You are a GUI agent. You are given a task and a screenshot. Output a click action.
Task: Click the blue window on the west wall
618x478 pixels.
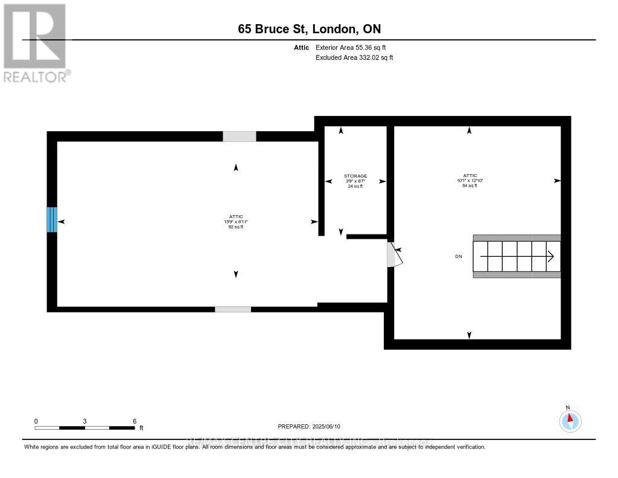click(52, 220)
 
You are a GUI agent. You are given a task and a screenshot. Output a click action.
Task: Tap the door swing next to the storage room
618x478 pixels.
click(392, 254)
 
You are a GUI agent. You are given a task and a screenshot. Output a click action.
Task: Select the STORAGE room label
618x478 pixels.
click(355, 176)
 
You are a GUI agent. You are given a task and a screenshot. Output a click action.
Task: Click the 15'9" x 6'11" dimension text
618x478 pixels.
click(235, 222)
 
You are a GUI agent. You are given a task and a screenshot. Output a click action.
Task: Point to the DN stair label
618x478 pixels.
click(459, 256)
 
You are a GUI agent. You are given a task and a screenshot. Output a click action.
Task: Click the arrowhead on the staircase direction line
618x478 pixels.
click(551, 256)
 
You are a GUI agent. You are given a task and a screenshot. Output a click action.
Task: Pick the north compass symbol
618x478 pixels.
click(570, 420)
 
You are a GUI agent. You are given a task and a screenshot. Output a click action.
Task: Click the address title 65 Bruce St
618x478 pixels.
click(308, 29)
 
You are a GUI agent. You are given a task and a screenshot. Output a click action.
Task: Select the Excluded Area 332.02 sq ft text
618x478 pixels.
click(354, 58)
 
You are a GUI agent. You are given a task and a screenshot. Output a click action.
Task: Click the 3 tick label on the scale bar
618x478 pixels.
click(85, 421)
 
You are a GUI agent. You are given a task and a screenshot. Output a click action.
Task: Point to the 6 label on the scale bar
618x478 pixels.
click(135, 421)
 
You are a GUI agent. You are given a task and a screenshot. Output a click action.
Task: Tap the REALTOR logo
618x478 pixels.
click(36, 42)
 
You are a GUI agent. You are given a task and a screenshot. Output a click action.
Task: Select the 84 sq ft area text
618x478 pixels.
click(469, 186)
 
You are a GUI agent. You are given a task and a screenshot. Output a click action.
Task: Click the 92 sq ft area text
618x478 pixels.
click(235, 227)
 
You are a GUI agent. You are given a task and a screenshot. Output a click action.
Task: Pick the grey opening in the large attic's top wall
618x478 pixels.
click(239, 137)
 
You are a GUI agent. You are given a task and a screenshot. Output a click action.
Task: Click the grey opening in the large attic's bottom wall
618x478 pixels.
click(233, 309)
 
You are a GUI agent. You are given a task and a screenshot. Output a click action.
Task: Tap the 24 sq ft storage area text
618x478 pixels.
click(355, 186)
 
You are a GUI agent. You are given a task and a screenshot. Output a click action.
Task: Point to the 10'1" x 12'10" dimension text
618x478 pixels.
click(469, 180)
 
